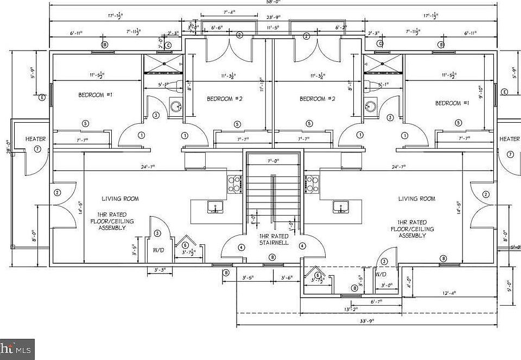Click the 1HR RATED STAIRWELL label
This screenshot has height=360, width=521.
click(x=273, y=239)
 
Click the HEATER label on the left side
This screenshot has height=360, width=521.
click(x=36, y=139)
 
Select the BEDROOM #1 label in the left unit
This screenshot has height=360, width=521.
click(x=95, y=95)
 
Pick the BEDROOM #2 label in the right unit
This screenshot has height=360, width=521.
click(x=318, y=99)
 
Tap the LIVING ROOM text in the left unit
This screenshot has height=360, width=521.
click(x=120, y=199)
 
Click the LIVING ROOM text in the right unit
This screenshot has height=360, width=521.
click(x=416, y=199)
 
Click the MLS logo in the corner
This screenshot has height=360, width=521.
click(x=17, y=349)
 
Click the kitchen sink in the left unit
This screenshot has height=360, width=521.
click(x=215, y=207)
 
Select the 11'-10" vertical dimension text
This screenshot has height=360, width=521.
click(x=261, y=84)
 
